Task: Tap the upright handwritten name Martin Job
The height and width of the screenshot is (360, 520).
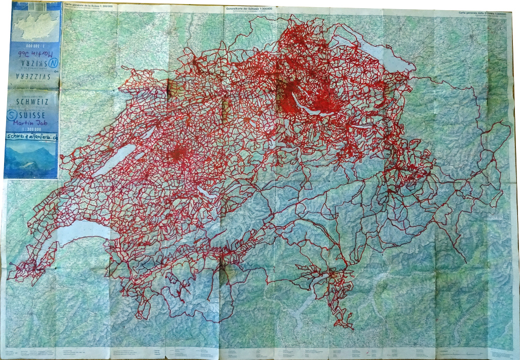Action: coord(31,123)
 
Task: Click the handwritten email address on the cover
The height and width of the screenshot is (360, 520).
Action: coord(30,137)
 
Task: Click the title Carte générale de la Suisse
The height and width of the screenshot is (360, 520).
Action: coord(89,5)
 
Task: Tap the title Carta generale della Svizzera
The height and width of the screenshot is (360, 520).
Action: coord(482,14)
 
